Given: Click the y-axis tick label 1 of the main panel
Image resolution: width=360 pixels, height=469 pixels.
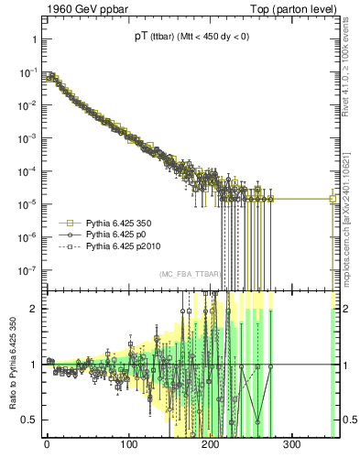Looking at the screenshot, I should pos(33,40).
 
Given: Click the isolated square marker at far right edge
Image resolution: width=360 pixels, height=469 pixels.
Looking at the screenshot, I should pos(333,199).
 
